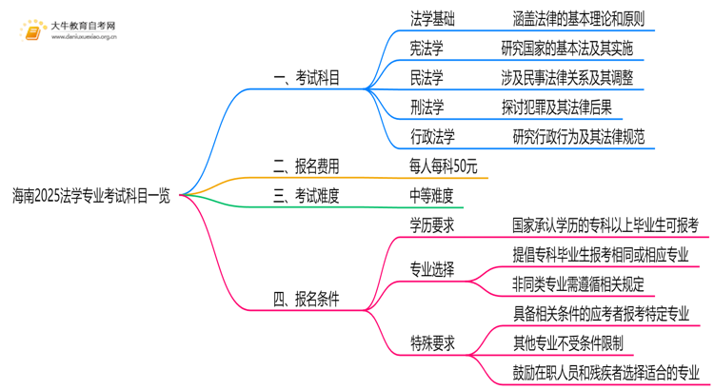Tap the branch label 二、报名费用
tap(306, 166)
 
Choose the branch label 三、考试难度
tap(306, 196)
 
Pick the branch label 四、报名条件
tap(306, 299)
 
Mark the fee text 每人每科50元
tap(439, 166)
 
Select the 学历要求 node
tap(431, 225)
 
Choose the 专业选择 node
tap(431, 269)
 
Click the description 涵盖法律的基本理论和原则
tap(578, 17)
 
